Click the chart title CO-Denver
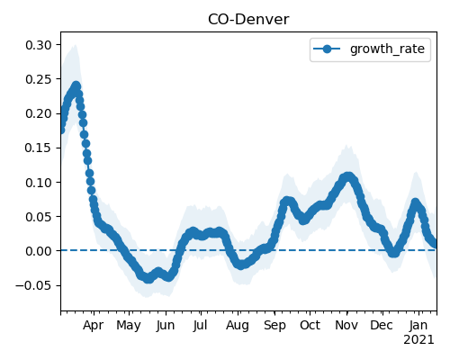pos(248,20)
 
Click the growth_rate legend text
pos(387,49)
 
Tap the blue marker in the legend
pos(327,49)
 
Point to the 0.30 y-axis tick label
pos(39,45)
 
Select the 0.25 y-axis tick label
pos(39,79)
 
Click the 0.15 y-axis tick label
pos(39,148)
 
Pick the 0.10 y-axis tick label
pos(39,183)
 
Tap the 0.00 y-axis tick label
pos(39,251)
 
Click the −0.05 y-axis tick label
pos(33,285)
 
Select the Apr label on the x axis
pos(94,325)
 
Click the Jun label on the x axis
pos(166,325)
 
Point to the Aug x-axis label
pos(238,326)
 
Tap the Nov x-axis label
pos(346,325)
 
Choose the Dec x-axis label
pos(382,325)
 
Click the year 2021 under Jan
pos(418,340)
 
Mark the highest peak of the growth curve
pos(76,85)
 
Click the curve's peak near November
pos(348,176)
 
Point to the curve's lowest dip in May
pos(148,279)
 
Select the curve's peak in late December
pos(415,202)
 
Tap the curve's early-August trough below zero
pos(241,265)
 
